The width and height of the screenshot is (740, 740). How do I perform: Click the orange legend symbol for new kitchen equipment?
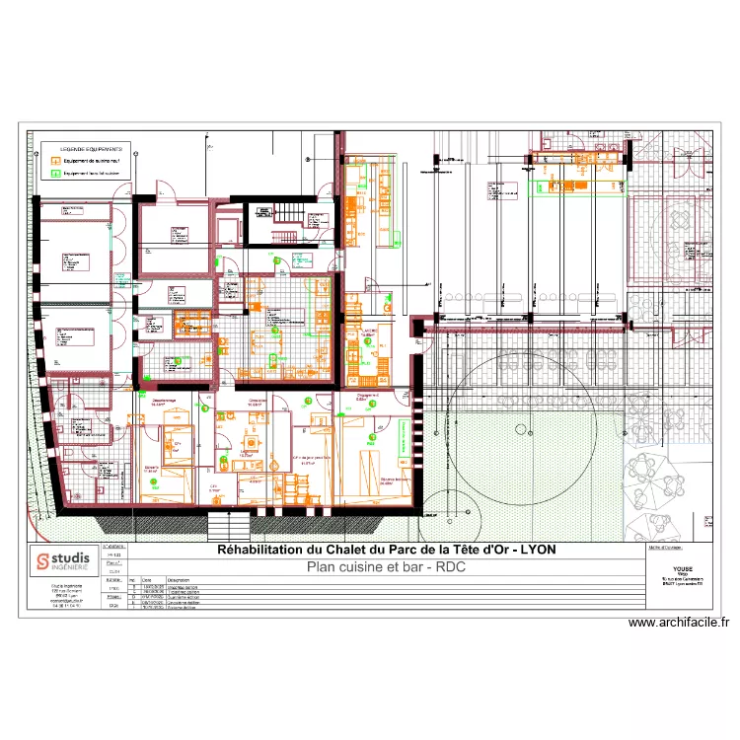pos(56,160)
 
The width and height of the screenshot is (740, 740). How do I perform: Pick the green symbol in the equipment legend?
pos(56,174)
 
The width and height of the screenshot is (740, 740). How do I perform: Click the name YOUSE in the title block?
pos(683,569)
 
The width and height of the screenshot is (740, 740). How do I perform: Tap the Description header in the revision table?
pos(179,580)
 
